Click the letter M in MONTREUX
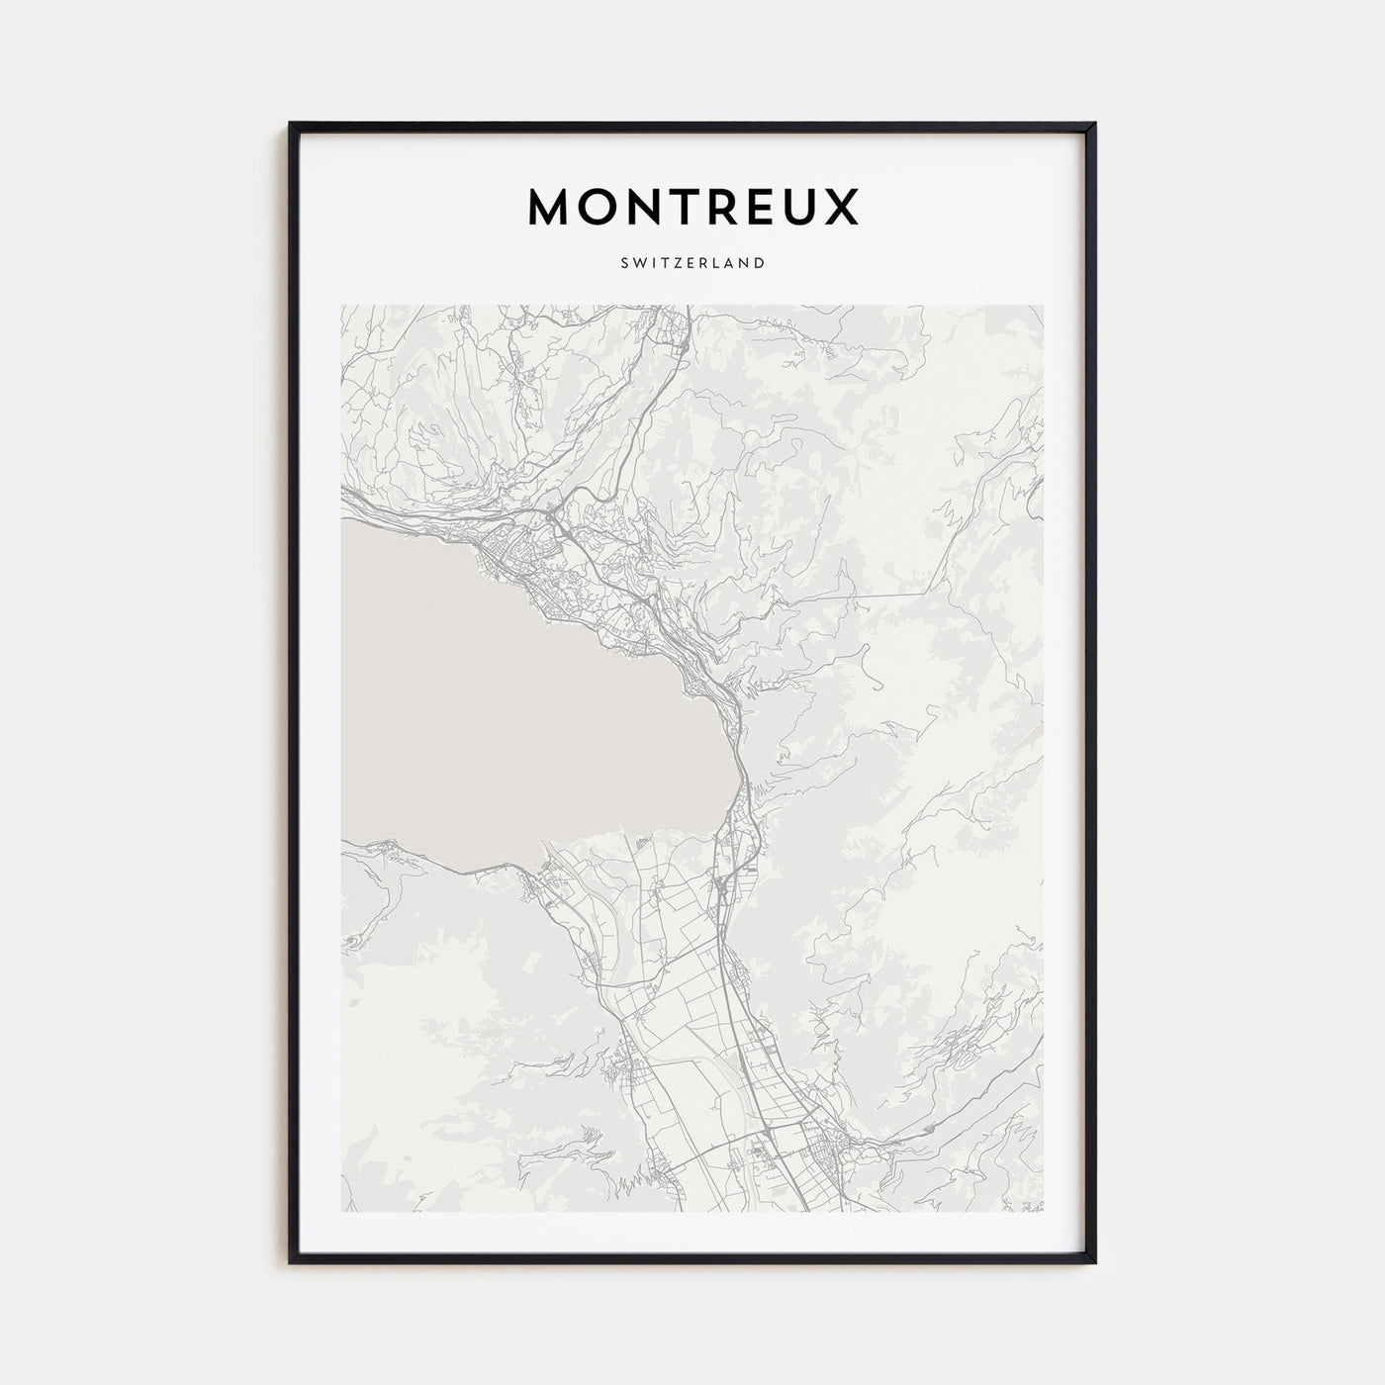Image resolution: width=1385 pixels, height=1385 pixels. [x=551, y=207]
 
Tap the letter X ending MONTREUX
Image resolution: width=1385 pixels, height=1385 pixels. [x=844, y=207]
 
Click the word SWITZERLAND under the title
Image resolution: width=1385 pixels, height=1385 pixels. [x=692, y=263]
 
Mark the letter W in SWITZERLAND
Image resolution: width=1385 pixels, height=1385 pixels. [x=638, y=263]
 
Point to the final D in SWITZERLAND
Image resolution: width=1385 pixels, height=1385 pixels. [x=759, y=263]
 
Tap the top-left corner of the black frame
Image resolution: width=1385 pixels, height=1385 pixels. [x=291, y=125]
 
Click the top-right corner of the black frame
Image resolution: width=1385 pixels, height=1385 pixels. [x=1094, y=125]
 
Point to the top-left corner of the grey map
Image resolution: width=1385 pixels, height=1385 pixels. [x=341, y=306]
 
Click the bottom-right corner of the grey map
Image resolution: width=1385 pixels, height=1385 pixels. [x=1043, y=1211]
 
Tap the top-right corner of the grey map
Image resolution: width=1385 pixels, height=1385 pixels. [x=1043, y=306]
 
